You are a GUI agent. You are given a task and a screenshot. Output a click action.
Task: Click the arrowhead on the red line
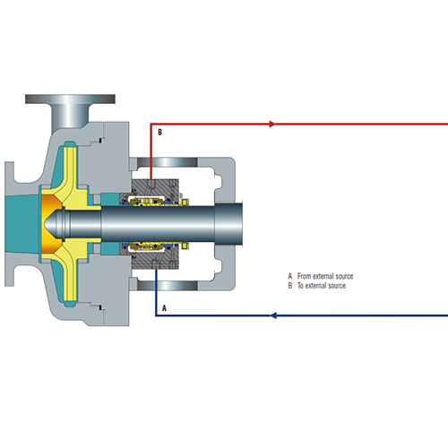(272, 124)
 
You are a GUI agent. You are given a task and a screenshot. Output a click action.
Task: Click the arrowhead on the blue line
(273, 315)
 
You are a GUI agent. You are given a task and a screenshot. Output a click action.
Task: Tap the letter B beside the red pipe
(159, 132)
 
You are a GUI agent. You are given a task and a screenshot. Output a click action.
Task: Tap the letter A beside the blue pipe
(164, 308)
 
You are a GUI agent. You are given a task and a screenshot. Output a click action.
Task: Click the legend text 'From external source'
(325, 276)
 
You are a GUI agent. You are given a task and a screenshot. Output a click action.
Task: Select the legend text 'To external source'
(322, 286)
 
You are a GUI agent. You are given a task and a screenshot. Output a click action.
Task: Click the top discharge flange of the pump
(70, 99)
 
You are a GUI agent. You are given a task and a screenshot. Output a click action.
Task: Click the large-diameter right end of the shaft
(228, 225)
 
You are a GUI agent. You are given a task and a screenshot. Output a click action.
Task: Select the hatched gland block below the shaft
(155, 257)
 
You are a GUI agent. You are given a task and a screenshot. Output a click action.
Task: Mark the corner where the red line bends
(151, 124)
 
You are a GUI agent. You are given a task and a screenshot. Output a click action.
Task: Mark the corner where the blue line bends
(156, 315)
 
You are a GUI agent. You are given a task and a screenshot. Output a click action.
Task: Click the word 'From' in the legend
(305, 276)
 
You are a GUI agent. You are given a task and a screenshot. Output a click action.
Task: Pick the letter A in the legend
(290, 276)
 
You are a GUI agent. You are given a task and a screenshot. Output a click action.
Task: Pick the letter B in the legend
(290, 286)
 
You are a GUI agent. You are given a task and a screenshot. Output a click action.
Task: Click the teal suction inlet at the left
(22, 223)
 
